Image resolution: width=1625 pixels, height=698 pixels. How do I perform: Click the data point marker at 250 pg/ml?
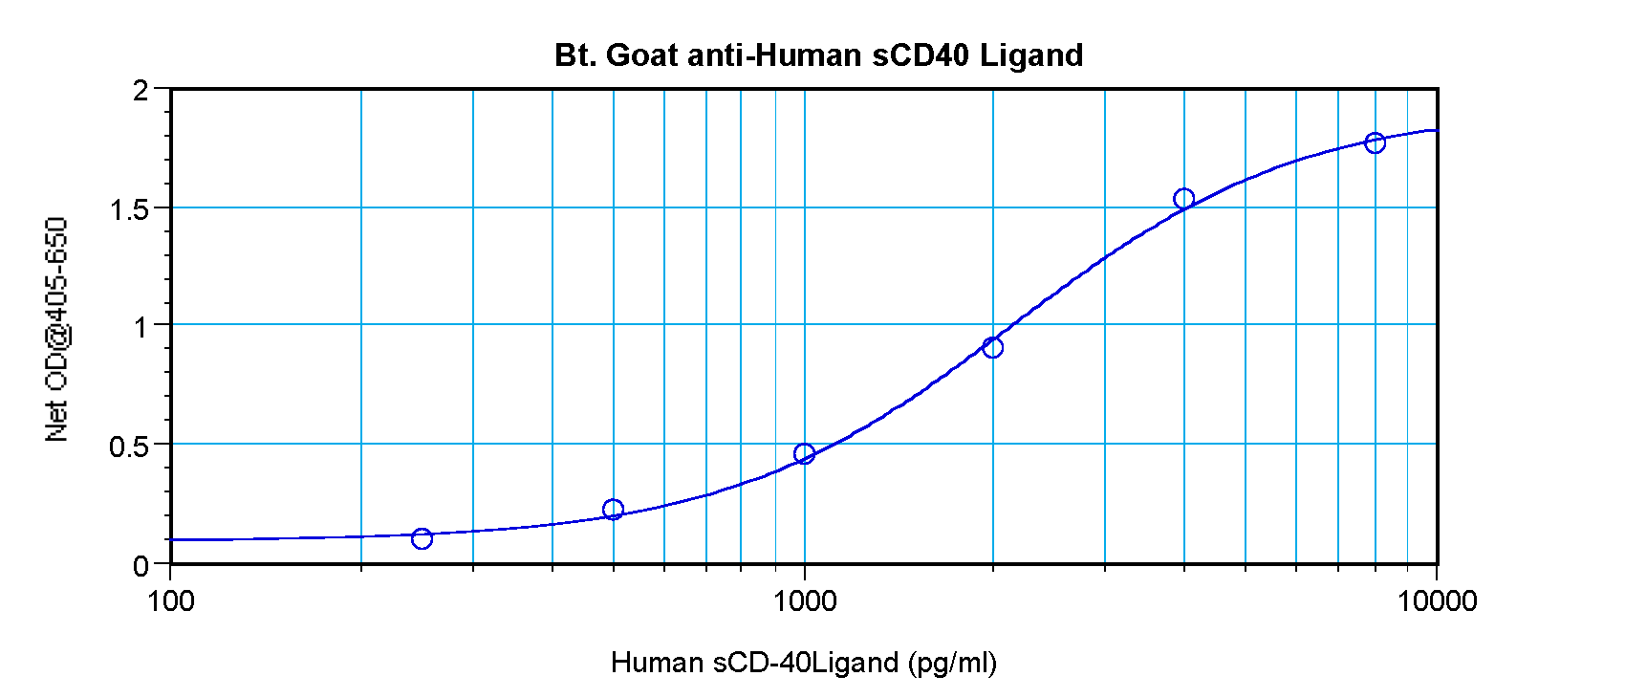click(422, 539)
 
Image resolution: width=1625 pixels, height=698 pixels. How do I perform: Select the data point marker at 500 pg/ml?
click(614, 510)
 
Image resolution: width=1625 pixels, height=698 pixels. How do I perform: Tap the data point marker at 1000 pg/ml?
click(804, 453)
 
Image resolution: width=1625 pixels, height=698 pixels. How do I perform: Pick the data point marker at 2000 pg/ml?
click(993, 347)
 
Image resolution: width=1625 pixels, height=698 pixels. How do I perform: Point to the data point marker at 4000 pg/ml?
click(1183, 199)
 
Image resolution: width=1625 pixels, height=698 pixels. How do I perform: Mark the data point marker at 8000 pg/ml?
click(1375, 143)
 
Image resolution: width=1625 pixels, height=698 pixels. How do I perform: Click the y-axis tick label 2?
click(141, 91)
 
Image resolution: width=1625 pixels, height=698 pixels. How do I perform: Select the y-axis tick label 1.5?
click(130, 209)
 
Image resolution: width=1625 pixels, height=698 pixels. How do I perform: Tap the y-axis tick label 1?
click(141, 327)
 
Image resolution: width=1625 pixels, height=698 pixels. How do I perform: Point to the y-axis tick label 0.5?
click(130, 447)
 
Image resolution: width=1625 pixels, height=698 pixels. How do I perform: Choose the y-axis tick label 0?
click(141, 566)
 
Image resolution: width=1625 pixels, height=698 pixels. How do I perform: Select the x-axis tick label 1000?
click(805, 601)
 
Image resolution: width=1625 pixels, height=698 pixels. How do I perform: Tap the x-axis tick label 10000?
click(1437, 601)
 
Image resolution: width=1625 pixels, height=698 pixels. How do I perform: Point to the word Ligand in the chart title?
click(1031, 56)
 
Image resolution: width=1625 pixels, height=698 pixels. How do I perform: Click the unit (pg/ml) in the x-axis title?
click(952, 663)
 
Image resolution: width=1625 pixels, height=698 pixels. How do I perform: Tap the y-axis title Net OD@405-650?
click(57, 330)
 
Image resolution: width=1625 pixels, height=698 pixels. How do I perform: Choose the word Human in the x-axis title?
click(659, 662)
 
